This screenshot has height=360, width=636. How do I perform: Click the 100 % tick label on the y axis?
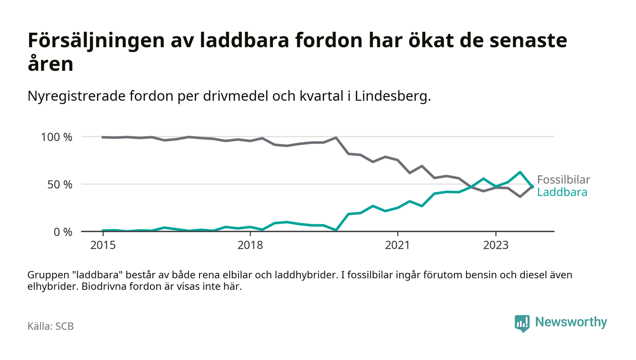click(56, 137)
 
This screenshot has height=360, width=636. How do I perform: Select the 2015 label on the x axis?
click(103, 245)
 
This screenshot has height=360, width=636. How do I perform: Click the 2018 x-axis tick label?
click(250, 245)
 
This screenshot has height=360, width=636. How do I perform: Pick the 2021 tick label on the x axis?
click(397, 245)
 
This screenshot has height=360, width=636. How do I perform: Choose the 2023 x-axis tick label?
click(496, 245)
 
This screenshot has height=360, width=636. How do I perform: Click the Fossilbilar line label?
click(563, 180)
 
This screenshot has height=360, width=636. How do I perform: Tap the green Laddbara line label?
click(562, 192)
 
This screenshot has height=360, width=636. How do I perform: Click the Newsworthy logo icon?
click(522, 323)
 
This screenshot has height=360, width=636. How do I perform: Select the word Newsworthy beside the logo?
click(571, 322)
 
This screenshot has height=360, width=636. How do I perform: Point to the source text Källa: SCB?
click(50, 326)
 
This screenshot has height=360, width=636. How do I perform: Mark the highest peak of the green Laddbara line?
click(520, 172)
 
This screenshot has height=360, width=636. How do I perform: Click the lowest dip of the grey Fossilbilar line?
click(520, 197)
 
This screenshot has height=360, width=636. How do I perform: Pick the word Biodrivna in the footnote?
click(102, 287)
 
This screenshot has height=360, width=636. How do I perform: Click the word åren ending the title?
click(50, 64)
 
